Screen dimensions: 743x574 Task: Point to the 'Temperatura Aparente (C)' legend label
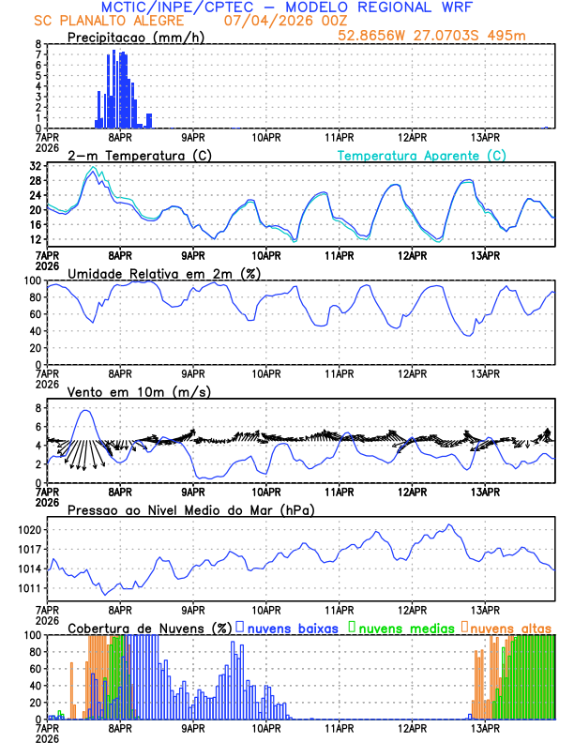tap(422, 155)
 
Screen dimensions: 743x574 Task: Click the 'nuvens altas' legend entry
tap(512, 628)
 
